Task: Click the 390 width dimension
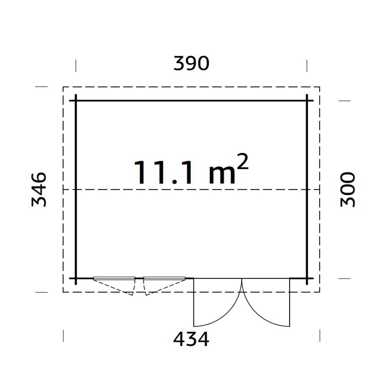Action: pyautogui.click(x=191, y=63)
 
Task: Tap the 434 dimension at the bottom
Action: pyautogui.click(x=191, y=339)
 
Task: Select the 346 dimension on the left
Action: pyautogui.click(x=39, y=189)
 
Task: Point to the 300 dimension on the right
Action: pyautogui.click(x=348, y=189)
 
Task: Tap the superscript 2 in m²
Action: pyautogui.click(x=242, y=162)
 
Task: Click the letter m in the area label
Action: pyautogui.click(x=222, y=175)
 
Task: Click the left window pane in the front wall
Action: pyautogui.click(x=114, y=278)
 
